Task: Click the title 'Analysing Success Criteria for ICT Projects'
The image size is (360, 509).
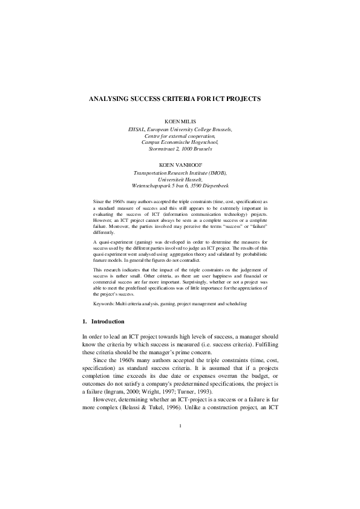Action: [x=180, y=97]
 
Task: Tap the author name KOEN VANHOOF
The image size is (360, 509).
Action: [x=180, y=164]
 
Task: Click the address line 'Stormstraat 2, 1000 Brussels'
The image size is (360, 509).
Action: [x=180, y=148]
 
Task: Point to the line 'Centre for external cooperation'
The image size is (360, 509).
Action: [x=180, y=136]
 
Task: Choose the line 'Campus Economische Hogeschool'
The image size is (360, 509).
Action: [x=180, y=142]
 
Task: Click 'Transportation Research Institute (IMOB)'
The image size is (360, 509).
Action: [x=180, y=172]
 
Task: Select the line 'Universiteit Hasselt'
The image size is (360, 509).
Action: [x=180, y=179]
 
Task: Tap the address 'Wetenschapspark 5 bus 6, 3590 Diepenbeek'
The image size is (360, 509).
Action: [x=180, y=186]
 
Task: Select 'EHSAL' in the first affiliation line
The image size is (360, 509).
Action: [x=135, y=129]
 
